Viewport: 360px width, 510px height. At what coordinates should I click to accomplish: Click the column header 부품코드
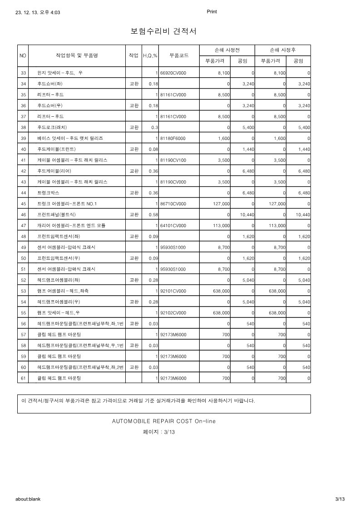[x=179, y=55]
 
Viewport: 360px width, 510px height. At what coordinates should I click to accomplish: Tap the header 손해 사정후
[x=283, y=50]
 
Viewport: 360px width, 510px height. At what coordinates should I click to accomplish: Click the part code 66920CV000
[x=173, y=73]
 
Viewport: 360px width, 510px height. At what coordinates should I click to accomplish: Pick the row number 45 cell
[x=23, y=204]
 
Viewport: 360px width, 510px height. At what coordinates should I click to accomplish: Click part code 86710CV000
[x=173, y=204]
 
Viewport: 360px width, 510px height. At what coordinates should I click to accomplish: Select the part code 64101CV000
[x=173, y=226]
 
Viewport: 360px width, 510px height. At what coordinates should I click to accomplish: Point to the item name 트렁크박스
[x=49, y=193]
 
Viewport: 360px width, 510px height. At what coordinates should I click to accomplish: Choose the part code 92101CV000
[x=173, y=291]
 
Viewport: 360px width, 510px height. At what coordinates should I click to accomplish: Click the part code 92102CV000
[x=173, y=313]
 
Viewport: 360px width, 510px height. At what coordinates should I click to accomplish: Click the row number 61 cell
[x=23, y=378]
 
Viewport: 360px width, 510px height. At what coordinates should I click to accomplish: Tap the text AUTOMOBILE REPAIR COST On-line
[x=164, y=421]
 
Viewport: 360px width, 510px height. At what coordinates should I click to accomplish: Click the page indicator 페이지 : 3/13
[x=159, y=432]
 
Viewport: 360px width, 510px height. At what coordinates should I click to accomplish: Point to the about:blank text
[x=28, y=499]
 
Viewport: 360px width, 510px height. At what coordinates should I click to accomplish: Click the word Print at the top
[x=212, y=12]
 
